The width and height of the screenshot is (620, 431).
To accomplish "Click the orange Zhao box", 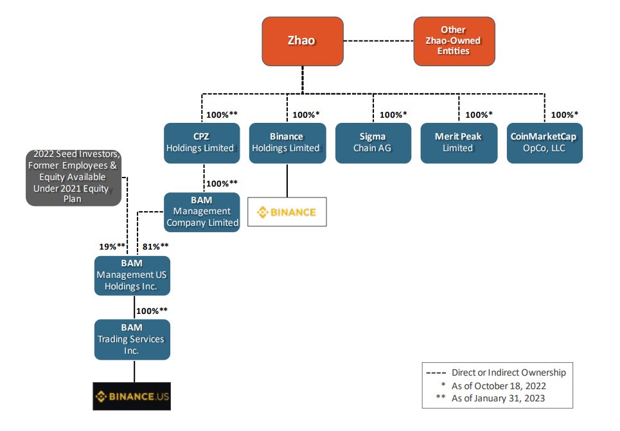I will click(302, 41).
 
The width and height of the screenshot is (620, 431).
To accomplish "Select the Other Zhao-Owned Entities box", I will click(454, 41).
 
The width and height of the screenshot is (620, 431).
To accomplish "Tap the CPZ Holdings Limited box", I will click(202, 143).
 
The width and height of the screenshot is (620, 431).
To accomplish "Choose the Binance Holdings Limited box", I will click(286, 143).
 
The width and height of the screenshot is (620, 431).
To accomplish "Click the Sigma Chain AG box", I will click(373, 143).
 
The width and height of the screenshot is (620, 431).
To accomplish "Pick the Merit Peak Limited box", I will click(458, 143).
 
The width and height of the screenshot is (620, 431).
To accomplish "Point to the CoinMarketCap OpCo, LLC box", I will click(544, 143).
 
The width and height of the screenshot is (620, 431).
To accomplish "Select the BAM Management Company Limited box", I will click(202, 212).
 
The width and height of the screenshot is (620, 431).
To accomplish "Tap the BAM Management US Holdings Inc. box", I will click(132, 275).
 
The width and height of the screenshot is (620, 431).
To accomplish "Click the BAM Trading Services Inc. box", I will click(132, 339).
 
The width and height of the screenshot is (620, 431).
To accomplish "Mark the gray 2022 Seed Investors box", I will click(73, 177).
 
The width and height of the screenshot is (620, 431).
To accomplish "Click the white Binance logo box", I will click(287, 212).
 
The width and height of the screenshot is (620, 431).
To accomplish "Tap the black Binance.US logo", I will click(132, 397).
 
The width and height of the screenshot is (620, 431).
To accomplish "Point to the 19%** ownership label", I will click(112, 246).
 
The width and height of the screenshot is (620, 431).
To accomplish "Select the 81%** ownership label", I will click(155, 246).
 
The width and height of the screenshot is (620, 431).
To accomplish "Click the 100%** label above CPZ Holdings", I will click(222, 115).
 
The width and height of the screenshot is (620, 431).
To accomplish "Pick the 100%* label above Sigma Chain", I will click(393, 115).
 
